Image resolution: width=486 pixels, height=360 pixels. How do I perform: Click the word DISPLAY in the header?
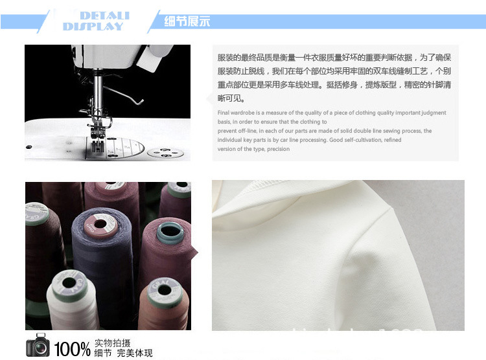point(93,27)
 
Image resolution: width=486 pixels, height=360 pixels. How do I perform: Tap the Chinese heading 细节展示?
point(187,21)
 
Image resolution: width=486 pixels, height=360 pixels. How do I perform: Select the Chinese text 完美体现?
point(139,353)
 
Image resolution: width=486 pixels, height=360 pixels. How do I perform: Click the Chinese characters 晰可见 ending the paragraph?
point(231,98)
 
